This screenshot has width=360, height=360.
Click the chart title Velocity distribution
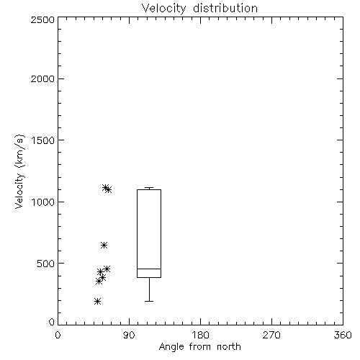[x=199, y=9]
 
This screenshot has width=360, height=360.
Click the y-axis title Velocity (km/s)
[x=19, y=171]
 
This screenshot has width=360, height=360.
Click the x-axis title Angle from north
[x=199, y=347]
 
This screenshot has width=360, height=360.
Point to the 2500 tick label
[x=42, y=19]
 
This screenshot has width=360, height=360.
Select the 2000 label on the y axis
[x=42, y=78]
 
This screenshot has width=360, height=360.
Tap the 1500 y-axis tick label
[x=43, y=140]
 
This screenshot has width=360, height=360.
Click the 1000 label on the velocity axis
[x=43, y=202]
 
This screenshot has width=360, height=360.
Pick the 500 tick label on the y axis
[x=46, y=264]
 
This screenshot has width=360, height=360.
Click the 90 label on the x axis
[x=129, y=335]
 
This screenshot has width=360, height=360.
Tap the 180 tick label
[x=200, y=335]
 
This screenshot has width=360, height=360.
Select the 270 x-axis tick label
[x=271, y=335]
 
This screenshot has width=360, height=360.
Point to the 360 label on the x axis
[x=343, y=335]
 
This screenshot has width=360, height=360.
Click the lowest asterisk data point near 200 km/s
[x=97, y=301]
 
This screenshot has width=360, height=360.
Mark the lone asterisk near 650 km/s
[x=104, y=245]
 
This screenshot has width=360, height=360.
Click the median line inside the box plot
[x=149, y=269]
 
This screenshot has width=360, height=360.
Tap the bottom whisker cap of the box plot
[x=149, y=301]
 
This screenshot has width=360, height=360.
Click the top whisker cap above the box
[x=149, y=187]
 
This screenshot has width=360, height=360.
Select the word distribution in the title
[x=225, y=9]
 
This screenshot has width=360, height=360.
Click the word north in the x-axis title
[x=229, y=347]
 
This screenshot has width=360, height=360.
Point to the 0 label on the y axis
[x=52, y=322]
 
